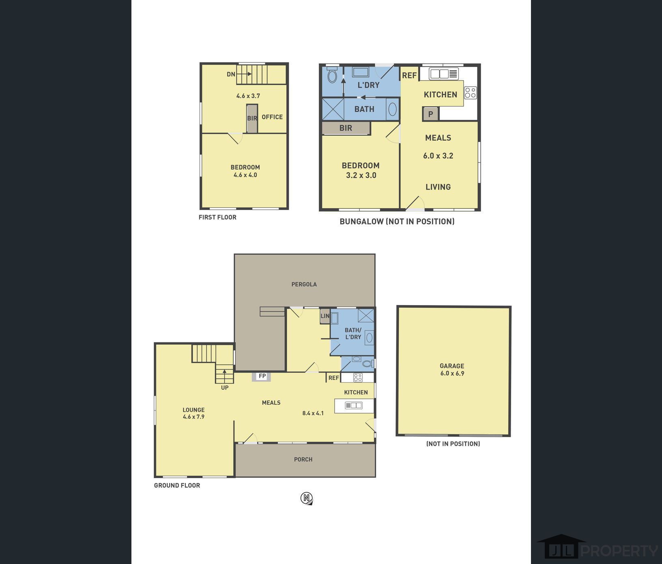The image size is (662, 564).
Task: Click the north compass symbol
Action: pyautogui.click(x=307, y=498)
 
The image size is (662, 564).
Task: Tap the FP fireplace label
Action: pyautogui.click(x=262, y=376)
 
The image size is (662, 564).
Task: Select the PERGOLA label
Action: pyautogui.click(x=304, y=284)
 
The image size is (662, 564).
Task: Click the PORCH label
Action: pyautogui.click(x=303, y=459)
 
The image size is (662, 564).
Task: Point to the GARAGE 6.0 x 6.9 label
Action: pyautogui.click(x=452, y=370)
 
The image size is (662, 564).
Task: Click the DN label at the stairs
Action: pyautogui.click(x=231, y=74)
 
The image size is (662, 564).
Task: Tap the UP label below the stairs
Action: pyautogui.click(x=225, y=388)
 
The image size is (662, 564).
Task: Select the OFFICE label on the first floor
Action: pyautogui.click(x=272, y=117)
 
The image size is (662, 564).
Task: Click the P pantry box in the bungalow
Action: pyautogui.click(x=430, y=114)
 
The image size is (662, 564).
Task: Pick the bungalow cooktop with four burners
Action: pyautogui.click(x=471, y=93)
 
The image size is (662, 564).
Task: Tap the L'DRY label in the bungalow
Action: pyautogui.click(x=368, y=85)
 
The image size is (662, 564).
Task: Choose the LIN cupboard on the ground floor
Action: pyautogui.click(x=325, y=316)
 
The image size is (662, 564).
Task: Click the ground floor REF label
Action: pyautogui.click(x=333, y=378)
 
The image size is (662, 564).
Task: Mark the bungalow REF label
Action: pyautogui.click(x=409, y=75)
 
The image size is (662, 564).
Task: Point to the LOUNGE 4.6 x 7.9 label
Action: pyautogui.click(x=193, y=413)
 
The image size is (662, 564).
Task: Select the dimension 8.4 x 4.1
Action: pyautogui.click(x=313, y=413)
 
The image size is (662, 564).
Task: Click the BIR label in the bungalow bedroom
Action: pyautogui.click(x=346, y=128)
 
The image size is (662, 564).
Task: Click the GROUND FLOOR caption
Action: pyautogui.click(x=177, y=485)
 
